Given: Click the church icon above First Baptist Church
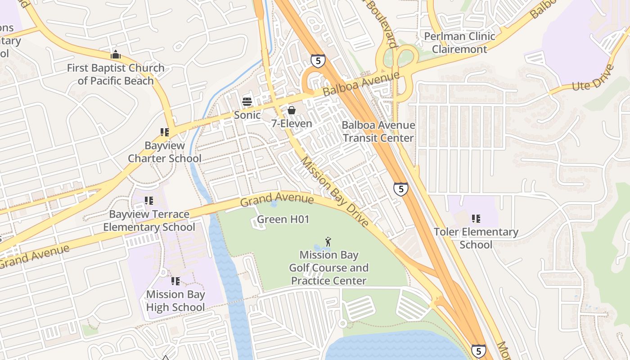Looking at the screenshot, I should click(116, 54).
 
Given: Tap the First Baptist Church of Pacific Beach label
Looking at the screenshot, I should click(116, 75).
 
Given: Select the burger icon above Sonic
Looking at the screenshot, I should click(247, 101).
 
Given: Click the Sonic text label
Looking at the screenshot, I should click(247, 115).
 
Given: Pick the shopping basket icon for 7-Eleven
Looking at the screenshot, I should click(292, 110).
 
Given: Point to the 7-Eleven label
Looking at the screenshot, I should click(292, 123).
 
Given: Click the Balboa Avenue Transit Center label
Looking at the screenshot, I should click(378, 131).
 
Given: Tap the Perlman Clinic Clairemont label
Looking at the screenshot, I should click(459, 43).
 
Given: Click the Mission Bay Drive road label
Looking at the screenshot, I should click(334, 191).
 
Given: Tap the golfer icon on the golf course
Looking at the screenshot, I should click(328, 242).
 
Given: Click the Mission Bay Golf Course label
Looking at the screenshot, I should click(329, 268).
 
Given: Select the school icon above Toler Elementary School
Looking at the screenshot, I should click(476, 219).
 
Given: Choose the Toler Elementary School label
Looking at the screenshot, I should click(476, 238).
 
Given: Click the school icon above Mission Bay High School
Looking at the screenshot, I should click(175, 281).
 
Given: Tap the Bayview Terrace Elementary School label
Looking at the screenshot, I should click(149, 220).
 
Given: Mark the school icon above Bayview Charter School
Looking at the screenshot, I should click(165, 132).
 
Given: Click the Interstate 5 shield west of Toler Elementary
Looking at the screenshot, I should click(400, 189).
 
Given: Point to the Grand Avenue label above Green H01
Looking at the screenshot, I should click(277, 198).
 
